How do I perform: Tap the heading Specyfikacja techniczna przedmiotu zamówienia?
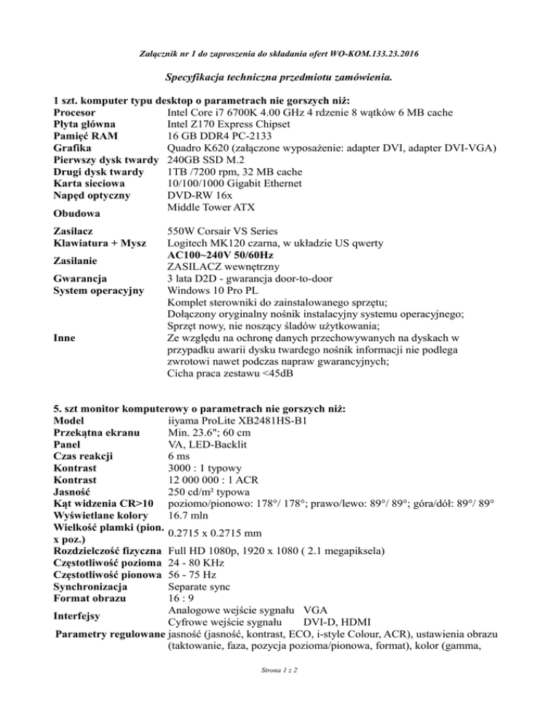279,76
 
